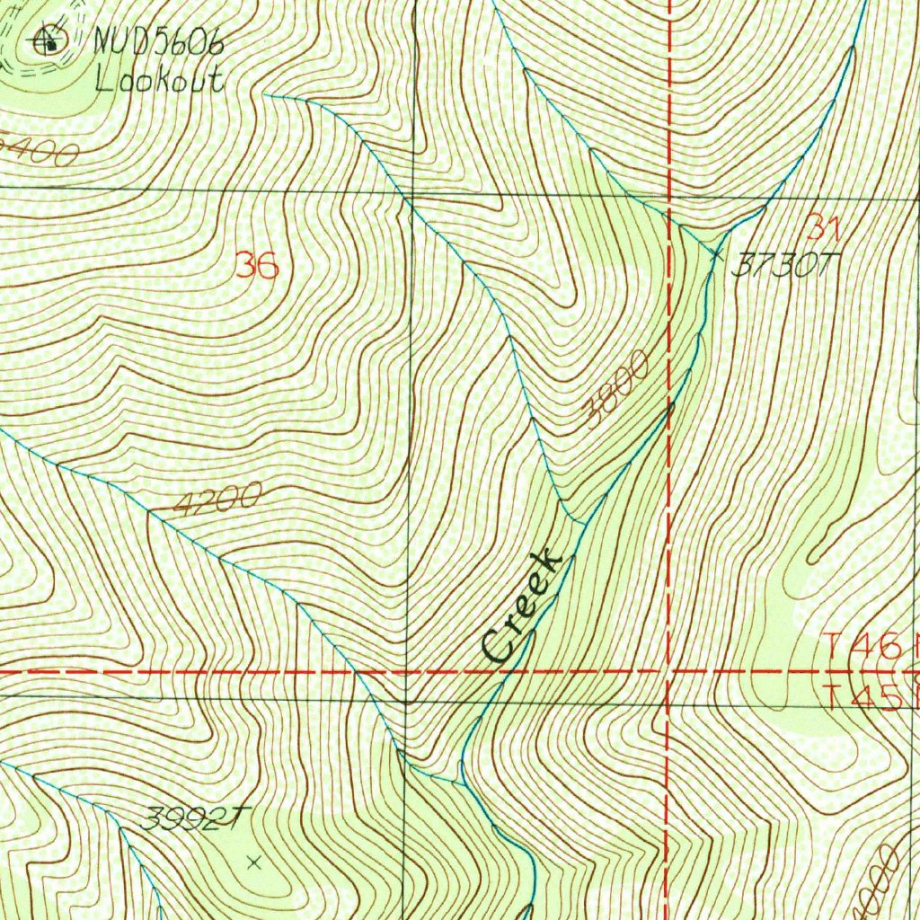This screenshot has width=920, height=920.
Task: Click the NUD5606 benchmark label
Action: [158, 42]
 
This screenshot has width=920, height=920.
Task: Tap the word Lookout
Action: [158, 81]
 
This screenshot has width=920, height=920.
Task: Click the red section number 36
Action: [257, 266]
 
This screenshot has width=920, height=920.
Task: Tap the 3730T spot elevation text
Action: [784, 263]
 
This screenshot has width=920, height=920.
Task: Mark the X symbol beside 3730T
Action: [716, 255]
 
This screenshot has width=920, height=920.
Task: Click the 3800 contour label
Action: [616, 388]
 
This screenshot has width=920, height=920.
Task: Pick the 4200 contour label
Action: [217, 499]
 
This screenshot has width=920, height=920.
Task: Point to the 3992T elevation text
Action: [194, 818]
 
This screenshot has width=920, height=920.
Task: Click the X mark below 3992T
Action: [254, 862]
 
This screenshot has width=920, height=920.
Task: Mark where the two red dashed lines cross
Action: [668, 671]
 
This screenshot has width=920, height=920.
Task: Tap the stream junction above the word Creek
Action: [585, 522]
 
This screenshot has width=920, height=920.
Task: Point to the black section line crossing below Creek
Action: [406, 702]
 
